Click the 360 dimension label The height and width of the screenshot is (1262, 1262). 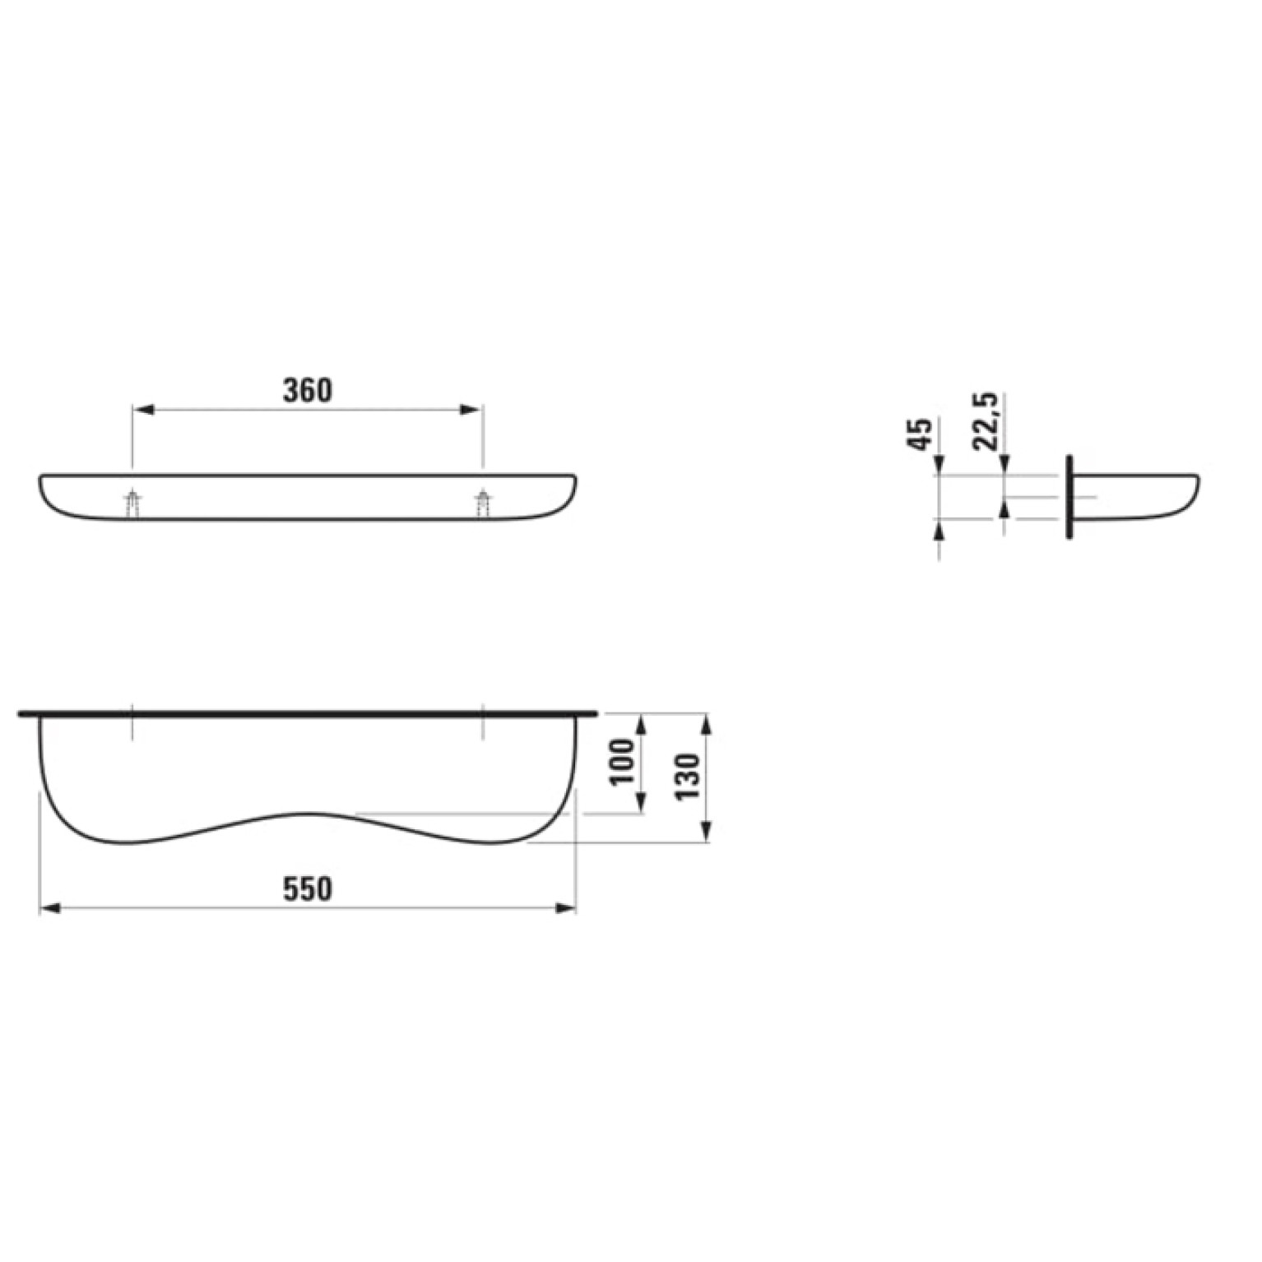pos(308,390)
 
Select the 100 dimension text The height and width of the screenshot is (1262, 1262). pos(624,761)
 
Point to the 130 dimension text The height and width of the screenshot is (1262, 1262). pos(686,776)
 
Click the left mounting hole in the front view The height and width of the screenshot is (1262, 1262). pos(132,503)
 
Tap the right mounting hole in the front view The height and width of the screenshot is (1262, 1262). pos(483,503)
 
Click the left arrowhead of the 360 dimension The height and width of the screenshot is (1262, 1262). pos(142,409)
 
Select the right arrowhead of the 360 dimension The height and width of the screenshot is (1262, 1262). pos(471,409)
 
